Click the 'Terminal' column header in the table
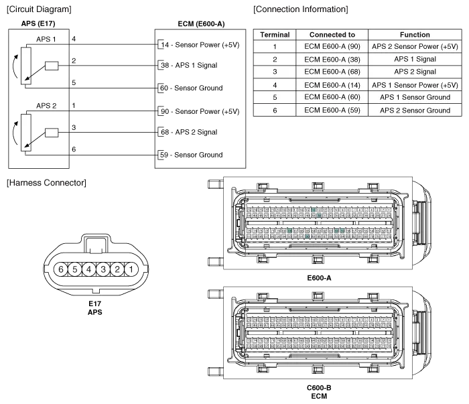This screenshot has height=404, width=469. tap(275, 35)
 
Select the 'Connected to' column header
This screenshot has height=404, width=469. tap(332, 35)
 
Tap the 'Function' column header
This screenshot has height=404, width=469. tap(415, 35)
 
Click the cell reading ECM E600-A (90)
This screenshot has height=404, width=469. tap(332, 47)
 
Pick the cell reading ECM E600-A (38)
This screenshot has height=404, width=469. tap(332, 60)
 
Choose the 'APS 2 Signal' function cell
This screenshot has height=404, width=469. tap(415, 72)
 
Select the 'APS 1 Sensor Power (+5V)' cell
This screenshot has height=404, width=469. tap(415, 85)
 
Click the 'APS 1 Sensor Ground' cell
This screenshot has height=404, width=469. tap(415, 97)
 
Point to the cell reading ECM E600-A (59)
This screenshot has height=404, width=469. tap(332, 110)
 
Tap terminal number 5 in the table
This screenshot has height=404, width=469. tap(275, 97)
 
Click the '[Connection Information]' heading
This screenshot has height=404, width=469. tap(300, 10)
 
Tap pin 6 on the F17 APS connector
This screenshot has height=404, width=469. tap(60, 270)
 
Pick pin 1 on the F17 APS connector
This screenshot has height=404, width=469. tap(131, 270)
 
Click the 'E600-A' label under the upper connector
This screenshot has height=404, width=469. tap(319, 277)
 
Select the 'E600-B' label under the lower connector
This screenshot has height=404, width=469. tap(319, 388)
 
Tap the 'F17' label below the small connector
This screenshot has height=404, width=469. tap(94, 305)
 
